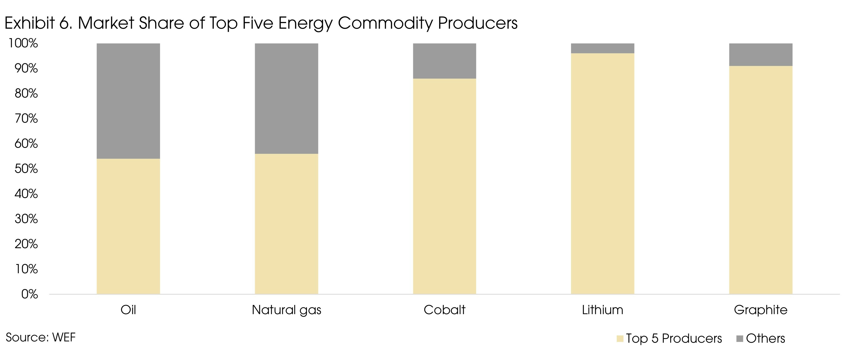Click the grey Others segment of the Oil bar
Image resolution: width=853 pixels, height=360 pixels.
click(128, 101)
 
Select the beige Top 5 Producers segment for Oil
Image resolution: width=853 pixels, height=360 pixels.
click(128, 226)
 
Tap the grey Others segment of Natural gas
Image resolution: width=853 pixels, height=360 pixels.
click(286, 98)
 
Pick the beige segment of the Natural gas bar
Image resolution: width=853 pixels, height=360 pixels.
click(286, 224)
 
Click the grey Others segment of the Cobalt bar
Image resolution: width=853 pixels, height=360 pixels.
click(444, 61)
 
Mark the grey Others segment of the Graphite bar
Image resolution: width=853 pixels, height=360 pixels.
click(761, 55)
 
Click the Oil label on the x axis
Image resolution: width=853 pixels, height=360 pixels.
click(128, 310)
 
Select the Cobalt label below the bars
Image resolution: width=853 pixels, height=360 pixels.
click(444, 310)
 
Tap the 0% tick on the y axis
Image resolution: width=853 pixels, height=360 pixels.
click(29, 294)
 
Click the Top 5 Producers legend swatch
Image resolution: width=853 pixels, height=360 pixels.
click(620, 339)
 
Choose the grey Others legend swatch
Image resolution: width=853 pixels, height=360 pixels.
click(740, 339)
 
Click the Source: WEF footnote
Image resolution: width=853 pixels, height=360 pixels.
click(40, 338)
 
